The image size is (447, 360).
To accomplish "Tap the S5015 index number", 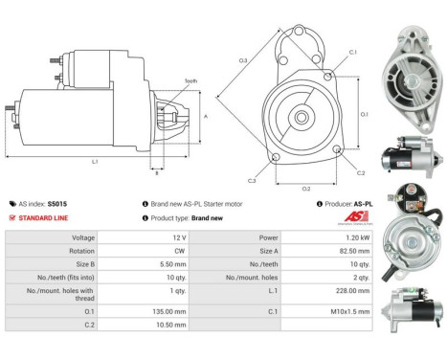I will (x=57, y=204).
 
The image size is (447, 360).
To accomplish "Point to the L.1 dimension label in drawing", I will (x=95, y=161).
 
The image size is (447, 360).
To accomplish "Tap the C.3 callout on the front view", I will (x=252, y=180).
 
